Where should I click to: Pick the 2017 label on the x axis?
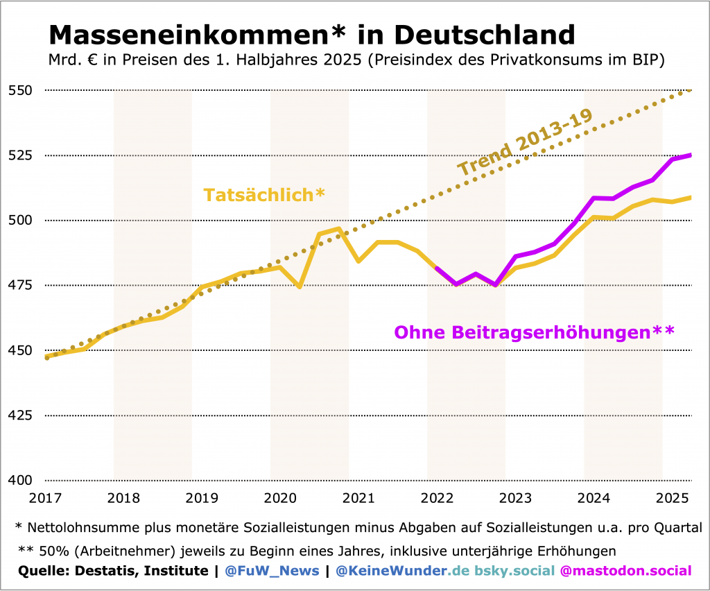45,498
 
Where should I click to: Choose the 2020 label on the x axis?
280,498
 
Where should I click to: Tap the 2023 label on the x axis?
515,498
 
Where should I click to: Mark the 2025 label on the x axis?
672,498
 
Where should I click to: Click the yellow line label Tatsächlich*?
264,195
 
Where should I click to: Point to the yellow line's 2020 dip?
300,286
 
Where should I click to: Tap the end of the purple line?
691,155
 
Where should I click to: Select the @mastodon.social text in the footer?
625,571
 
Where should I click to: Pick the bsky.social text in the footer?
514,571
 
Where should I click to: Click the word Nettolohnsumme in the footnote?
81,527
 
